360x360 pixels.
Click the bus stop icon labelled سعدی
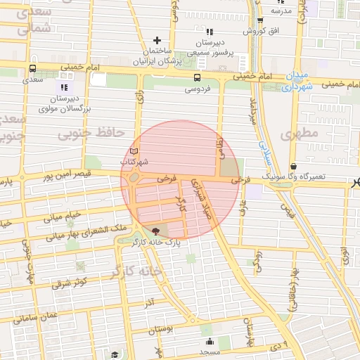pyautogui.click(x=32, y=69)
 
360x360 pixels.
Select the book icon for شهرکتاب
pyautogui.click(x=134, y=151)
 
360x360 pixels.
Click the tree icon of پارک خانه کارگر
pyautogui.click(x=155, y=231)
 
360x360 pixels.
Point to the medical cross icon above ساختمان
pyautogui.click(x=157, y=40)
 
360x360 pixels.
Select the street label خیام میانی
pyautogui.click(x=64, y=214)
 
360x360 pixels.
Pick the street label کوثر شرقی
pyautogui.click(x=69, y=283)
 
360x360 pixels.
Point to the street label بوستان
pyautogui.click(x=162, y=330)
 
